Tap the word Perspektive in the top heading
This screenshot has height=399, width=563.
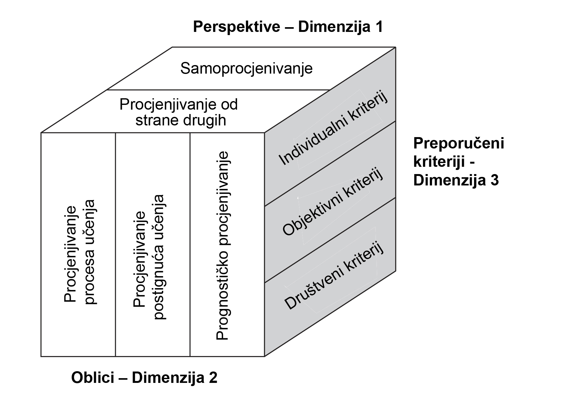pyautogui.click(x=236, y=27)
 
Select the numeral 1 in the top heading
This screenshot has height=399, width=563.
pyautogui.click(x=378, y=27)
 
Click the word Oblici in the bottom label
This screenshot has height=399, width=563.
pyautogui.click(x=97, y=378)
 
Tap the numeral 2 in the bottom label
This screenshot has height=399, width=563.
pyautogui.click(x=213, y=378)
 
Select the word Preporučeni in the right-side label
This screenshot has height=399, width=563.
pyautogui.click(x=459, y=144)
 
